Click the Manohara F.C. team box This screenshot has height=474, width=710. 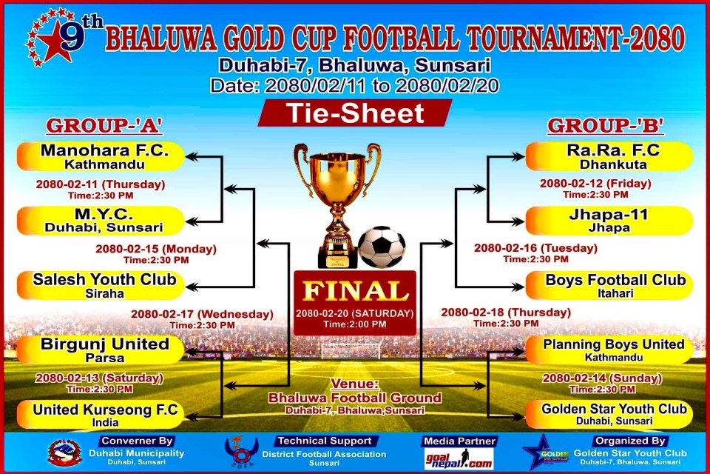[x=101, y=156]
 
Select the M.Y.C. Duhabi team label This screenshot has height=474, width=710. [x=101, y=221]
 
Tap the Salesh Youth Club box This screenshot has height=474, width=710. [x=101, y=286]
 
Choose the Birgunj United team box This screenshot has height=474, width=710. [x=101, y=350]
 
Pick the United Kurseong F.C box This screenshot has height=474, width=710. [x=101, y=415]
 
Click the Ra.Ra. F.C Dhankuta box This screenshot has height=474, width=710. [x=609, y=156]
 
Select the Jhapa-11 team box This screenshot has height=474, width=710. [x=609, y=221]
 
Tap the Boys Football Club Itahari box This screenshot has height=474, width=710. [x=609, y=286]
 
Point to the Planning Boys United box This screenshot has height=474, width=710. [x=609, y=350]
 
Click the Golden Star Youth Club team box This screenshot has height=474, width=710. [x=609, y=415]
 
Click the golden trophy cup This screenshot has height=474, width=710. [x=337, y=204]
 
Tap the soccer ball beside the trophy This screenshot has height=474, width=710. [x=382, y=247]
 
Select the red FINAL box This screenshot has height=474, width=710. [x=355, y=303]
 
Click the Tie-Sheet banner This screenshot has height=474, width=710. [x=355, y=113]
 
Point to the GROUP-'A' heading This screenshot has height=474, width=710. [x=104, y=126]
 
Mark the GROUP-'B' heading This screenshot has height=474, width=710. [x=606, y=126]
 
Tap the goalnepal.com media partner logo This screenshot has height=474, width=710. [x=459, y=459]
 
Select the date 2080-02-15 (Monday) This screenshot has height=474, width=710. [x=156, y=249]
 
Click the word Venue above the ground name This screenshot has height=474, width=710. [x=354, y=384]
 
